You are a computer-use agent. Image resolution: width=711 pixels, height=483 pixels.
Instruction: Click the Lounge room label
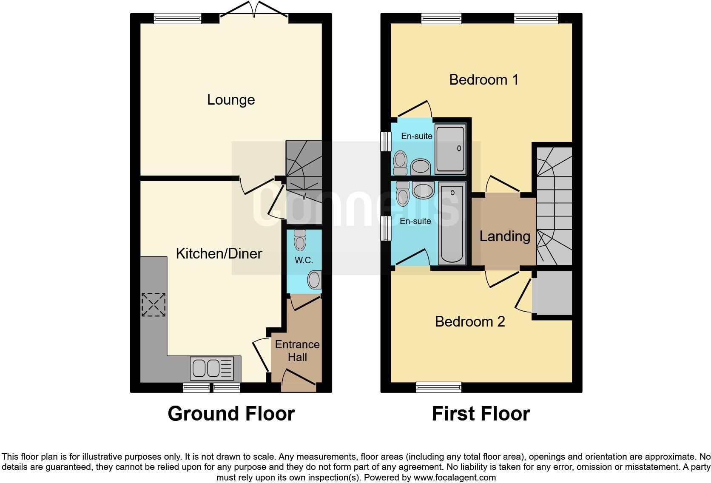tap(231, 100)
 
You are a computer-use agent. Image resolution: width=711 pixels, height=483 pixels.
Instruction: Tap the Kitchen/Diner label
tap(219, 254)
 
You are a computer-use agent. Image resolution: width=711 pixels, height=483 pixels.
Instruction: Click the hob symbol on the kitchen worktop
tap(154, 304)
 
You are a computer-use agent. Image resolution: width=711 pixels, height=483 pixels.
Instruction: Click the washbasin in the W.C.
tap(314, 280)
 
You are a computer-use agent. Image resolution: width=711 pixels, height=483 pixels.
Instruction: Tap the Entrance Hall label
tap(297, 351)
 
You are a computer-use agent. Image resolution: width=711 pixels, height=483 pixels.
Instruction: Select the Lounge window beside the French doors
tap(177, 18)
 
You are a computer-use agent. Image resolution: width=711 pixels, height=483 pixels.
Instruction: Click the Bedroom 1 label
tap(483, 80)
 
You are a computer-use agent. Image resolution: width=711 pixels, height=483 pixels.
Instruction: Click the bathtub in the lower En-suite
tap(452, 223)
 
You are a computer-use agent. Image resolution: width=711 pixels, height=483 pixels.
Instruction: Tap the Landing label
tap(505, 236)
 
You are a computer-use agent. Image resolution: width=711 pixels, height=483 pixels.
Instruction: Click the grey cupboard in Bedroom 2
tap(552, 293)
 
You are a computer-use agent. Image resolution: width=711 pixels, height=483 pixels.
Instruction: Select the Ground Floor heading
tap(231, 414)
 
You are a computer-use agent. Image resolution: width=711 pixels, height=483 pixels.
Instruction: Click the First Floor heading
tap(481, 414)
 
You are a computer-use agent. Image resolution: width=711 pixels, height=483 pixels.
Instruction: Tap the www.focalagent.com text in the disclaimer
tap(454, 477)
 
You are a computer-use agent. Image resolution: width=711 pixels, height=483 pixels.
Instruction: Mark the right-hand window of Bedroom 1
tap(536, 18)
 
